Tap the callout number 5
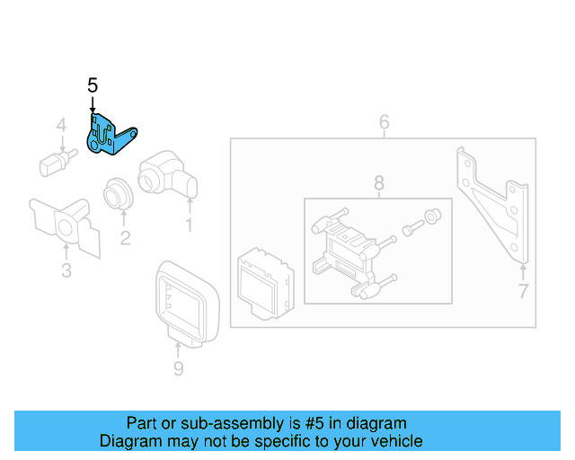[x=93, y=85]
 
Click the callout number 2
[x=125, y=238]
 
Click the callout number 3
[x=66, y=270]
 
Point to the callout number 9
[x=178, y=368]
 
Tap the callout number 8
[x=377, y=184]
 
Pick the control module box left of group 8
[x=263, y=279]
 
